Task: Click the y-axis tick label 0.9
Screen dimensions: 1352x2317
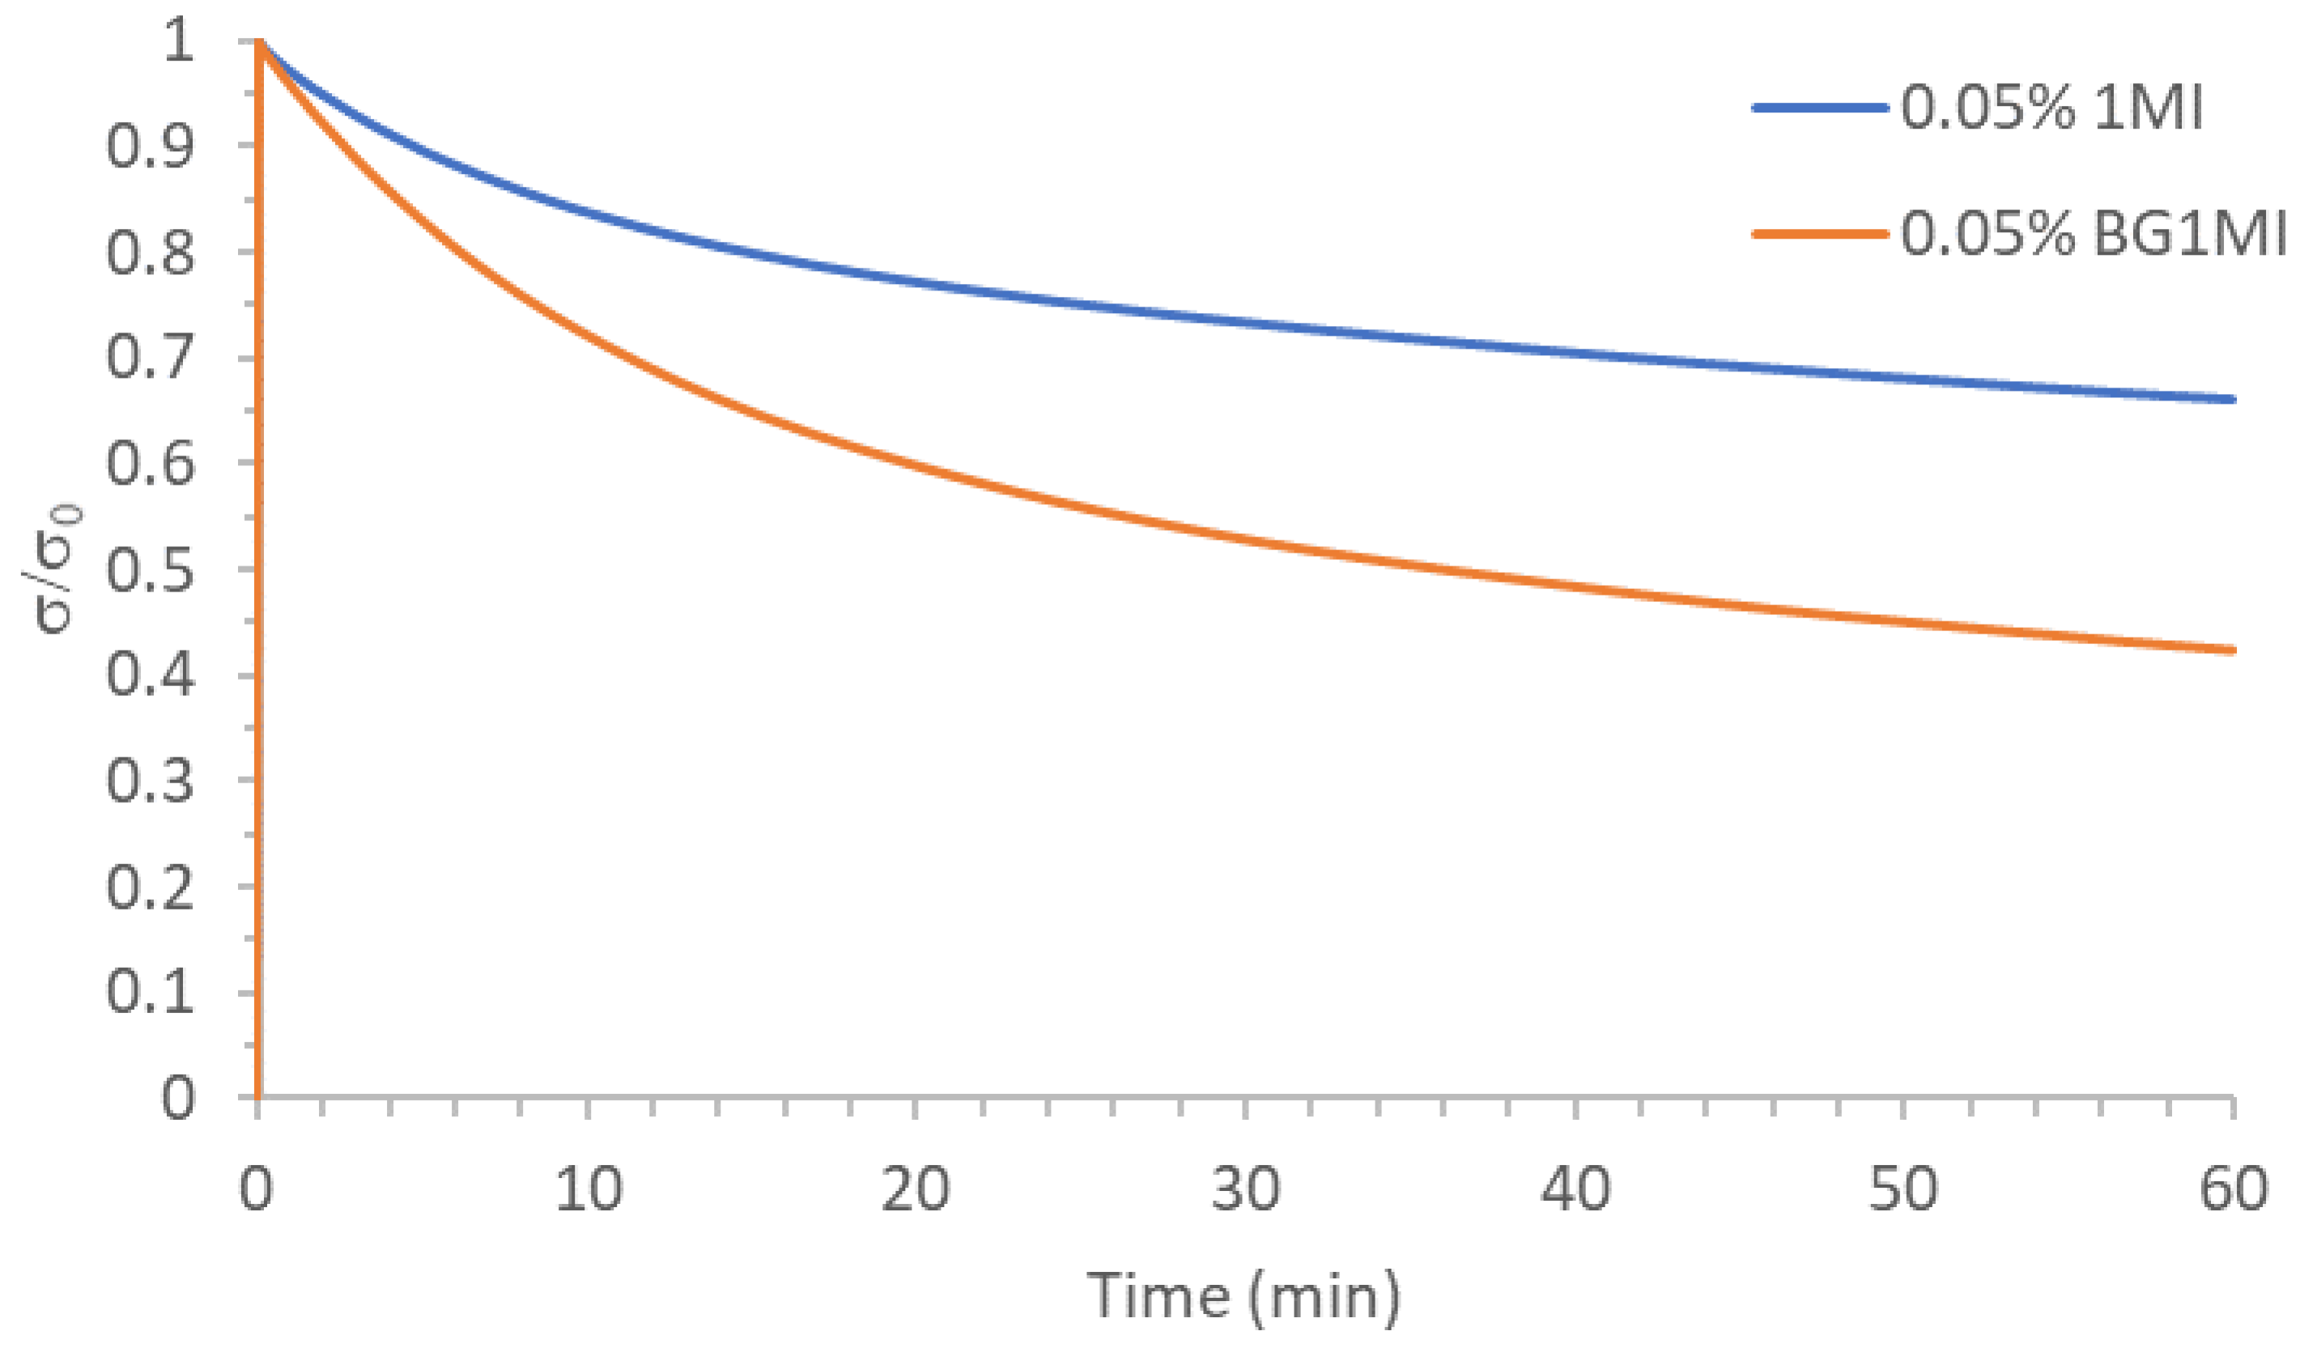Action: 150,147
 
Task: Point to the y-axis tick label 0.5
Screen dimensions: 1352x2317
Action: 150,570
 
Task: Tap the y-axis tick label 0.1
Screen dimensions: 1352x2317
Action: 150,993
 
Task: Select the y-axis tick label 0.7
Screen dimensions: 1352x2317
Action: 150,358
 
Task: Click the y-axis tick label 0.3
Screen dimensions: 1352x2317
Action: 150,782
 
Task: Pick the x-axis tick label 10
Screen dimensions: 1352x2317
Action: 589,1189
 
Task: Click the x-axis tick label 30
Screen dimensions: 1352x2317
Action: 1246,1189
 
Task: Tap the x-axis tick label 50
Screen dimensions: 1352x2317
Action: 1903,1189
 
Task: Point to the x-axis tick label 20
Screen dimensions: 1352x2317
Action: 916,1189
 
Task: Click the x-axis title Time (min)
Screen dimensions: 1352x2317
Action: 1244,1297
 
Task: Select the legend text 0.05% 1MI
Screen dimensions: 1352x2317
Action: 2051,108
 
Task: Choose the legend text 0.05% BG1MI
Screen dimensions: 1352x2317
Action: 2093,235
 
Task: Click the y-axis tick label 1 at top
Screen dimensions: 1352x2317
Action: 178,41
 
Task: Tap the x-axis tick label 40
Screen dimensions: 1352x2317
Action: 1575,1189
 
